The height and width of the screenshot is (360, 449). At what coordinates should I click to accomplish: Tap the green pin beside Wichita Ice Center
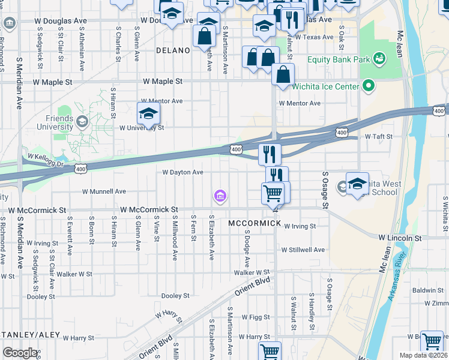click(369, 86)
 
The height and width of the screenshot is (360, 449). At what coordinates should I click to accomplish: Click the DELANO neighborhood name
click(173, 51)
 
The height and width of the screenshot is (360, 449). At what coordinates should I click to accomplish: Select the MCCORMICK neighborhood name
click(255, 223)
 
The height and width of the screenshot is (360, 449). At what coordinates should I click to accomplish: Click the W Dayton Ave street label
click(183, 172)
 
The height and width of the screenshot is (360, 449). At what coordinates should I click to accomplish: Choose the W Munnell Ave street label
click(104, 191)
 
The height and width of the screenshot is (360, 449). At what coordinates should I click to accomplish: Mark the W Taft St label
click(378, 137)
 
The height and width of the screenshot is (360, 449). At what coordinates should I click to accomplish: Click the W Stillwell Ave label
click(303, 250)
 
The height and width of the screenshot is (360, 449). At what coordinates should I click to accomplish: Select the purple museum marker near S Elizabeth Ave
click(220, 196)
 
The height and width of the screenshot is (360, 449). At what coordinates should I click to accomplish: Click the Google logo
click(20, 353)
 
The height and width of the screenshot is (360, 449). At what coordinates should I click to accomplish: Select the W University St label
click(141, 128)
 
